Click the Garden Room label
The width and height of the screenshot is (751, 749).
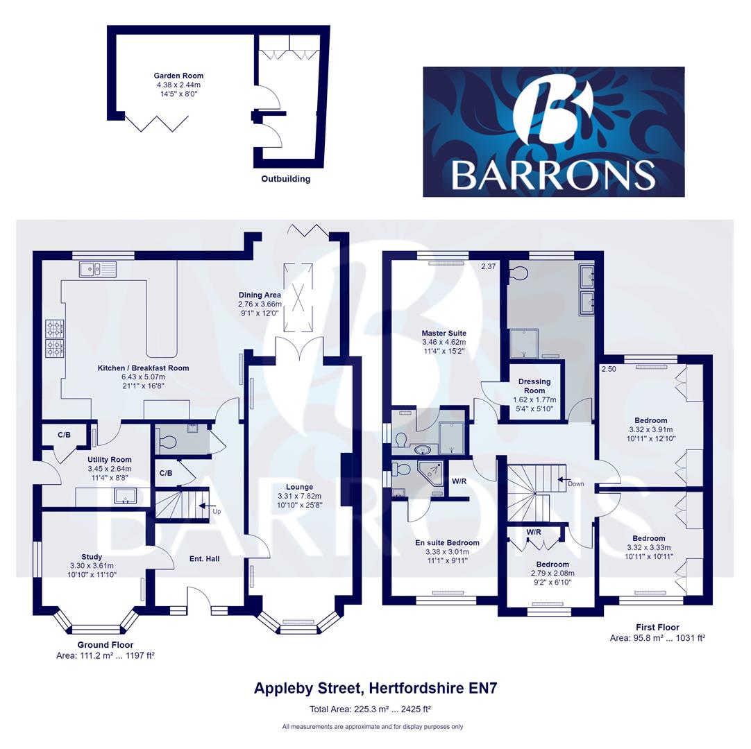178,76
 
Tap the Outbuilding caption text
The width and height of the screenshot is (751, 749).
285,179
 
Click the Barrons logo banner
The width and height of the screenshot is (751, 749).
553,132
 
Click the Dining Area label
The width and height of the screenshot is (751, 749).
259,295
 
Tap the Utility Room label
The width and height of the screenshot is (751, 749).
109,460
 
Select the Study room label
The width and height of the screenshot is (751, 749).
92,556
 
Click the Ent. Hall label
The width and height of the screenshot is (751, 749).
204,558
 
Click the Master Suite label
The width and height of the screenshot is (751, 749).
444,333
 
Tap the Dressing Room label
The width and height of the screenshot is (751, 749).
534,386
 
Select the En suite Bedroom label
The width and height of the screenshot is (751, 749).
443,542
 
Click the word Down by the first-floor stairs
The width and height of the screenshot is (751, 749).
576,483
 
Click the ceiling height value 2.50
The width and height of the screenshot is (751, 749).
609,369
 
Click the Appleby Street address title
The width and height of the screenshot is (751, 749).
375,688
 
